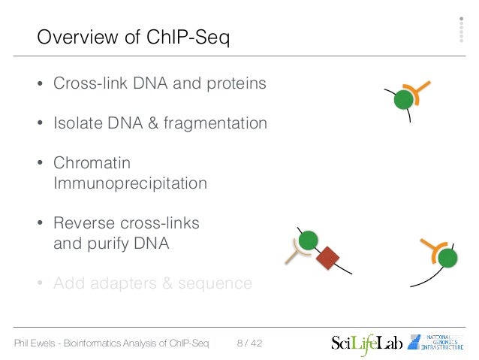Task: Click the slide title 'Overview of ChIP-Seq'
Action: [x=133, y=37]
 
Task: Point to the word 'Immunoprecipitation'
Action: [x=130, y=183]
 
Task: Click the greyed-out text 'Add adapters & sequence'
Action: [x=152, y=283]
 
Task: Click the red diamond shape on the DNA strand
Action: [x=327, y=259]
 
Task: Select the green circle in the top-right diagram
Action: [x=405, y=99]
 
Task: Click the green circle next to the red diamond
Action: [x=307, y=241]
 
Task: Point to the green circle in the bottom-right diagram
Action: [x=447, y=259]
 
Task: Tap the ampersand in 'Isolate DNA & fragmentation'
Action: [x=160, y=123]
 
